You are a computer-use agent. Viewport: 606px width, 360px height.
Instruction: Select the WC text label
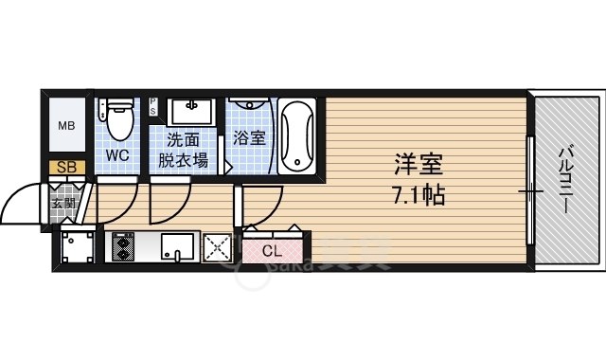click(x=118, y=153)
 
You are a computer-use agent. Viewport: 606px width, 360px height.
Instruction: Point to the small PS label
click(x=152, y=106)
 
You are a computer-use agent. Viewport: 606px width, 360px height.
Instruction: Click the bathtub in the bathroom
click(x=299, y=136)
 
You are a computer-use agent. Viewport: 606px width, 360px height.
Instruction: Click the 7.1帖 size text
click(x=417, y=196)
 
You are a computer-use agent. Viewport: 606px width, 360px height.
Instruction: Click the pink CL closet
click(x=272, y=251)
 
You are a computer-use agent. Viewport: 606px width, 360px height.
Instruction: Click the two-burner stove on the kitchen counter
click(x=123, y=246)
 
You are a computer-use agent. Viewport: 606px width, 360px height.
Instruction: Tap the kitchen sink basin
click(x=177, y=248)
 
